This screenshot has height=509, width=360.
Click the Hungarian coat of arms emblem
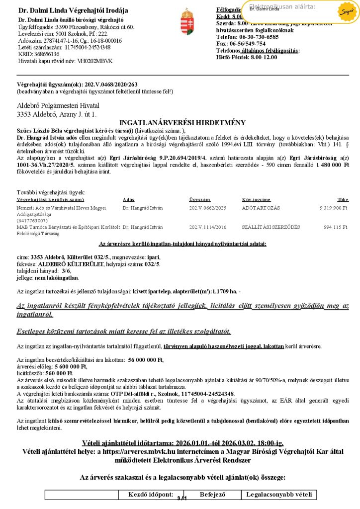(187, 21)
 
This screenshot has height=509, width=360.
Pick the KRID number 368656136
(47, 54)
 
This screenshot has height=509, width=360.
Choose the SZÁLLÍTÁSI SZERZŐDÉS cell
(270, 227)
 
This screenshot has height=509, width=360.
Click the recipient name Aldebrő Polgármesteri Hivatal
(58, 106)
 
